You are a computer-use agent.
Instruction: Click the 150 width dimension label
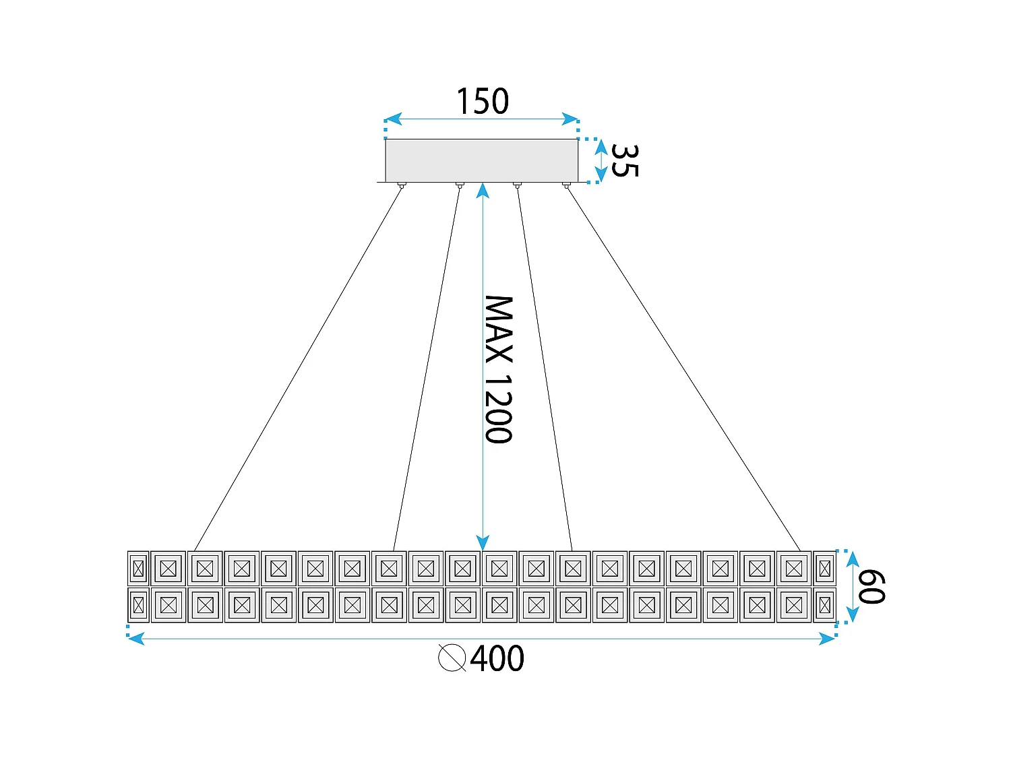coord(483,102)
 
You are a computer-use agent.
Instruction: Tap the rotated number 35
coord(624,161)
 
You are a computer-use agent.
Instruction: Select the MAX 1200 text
coord(499,369)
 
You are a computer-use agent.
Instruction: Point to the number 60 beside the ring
coord(871,587)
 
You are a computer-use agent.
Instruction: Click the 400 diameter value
coord(497,658)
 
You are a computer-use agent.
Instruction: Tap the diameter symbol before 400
coord(452,658)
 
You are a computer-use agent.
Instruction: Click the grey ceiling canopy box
coord(482,160)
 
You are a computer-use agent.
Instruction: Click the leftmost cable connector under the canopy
coord(402,185)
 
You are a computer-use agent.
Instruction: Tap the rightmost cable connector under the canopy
coord(566,185)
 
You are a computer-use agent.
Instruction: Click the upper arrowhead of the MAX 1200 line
coord(483,189)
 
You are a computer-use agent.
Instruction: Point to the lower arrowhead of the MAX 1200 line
coord(483,543)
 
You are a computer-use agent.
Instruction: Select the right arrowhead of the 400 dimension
coord(827,638)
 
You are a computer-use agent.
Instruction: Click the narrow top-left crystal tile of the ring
coord(138,568)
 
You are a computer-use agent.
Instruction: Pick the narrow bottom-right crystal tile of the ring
coord(825,605)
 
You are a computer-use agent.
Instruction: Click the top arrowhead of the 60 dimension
coord(853,559)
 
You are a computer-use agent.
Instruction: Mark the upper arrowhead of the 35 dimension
coord(602,146)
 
